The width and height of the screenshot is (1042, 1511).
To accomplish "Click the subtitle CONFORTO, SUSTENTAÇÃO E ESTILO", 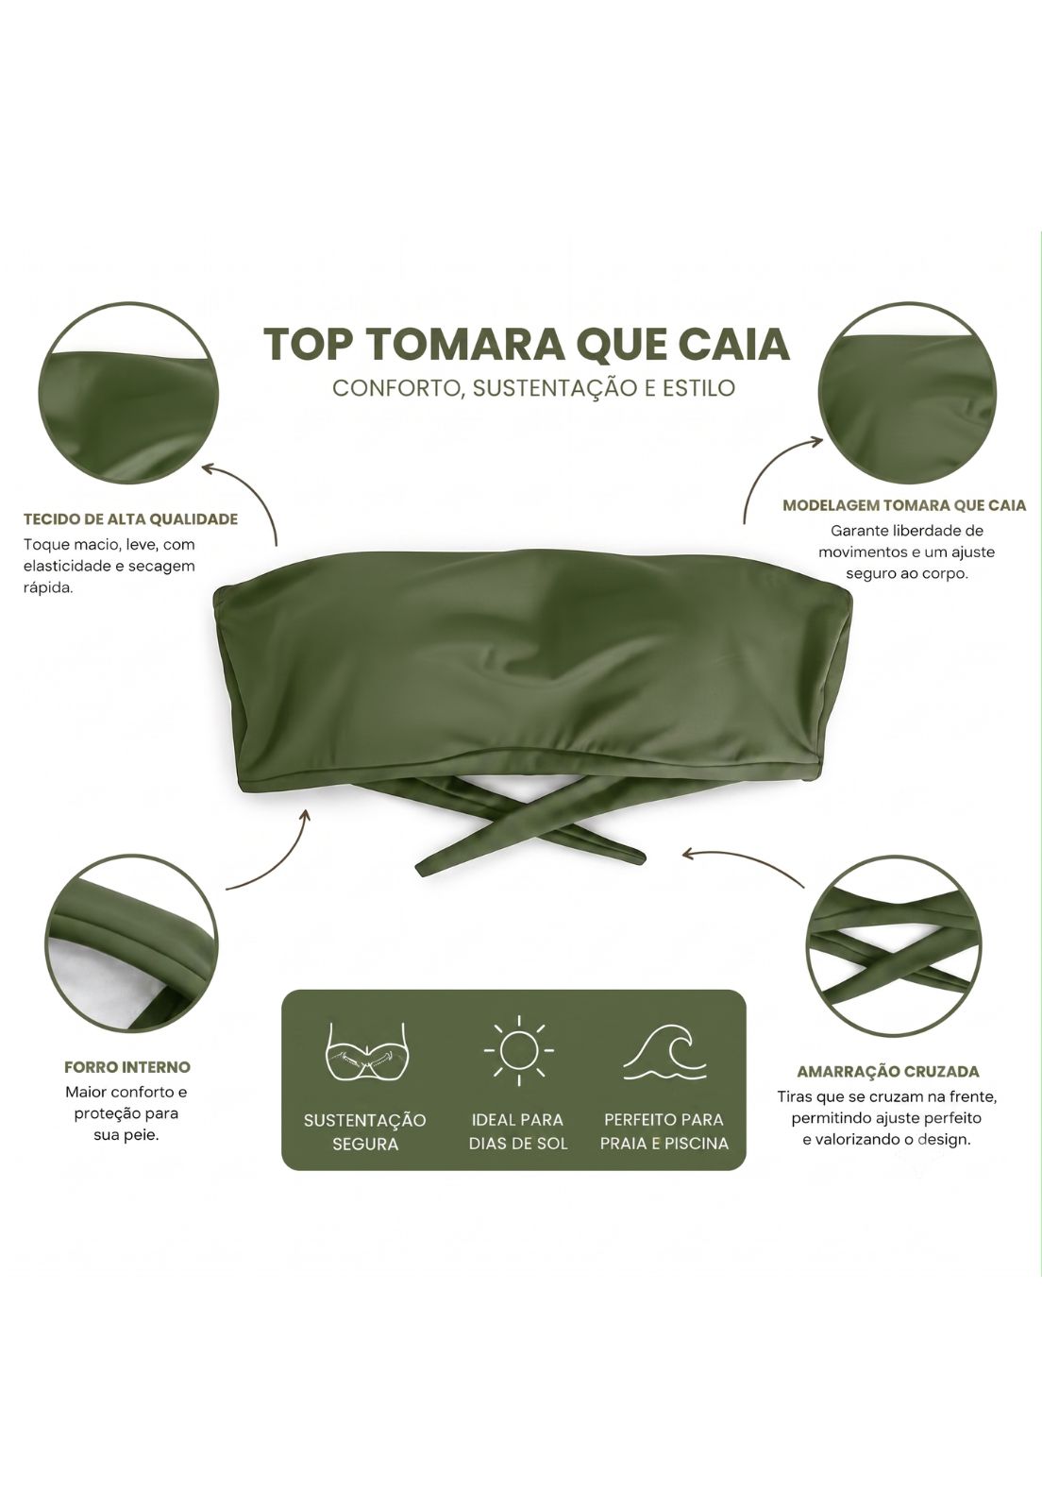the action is (x=533, y=388).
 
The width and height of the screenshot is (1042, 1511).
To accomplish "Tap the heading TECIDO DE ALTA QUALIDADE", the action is (x=131, y=518).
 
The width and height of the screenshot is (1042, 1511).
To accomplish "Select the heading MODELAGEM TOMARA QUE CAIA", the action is (x=904, y=504).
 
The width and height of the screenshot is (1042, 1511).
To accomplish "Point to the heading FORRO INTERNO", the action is (x=127, y=1066).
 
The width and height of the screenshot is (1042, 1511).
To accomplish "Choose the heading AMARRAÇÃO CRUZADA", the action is (x=887, y=1071).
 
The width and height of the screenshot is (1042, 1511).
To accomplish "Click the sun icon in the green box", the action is (x=518, y=1050).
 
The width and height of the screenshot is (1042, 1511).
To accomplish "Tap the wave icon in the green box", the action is (x=664, y=1051).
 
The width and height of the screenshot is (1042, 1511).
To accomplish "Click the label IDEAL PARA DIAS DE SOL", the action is (x=517, y=1131).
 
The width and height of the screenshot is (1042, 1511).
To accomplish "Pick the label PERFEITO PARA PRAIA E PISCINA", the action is (x=664, y=1131).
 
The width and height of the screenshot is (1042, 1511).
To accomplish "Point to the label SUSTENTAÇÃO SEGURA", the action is (x=364, y=1132).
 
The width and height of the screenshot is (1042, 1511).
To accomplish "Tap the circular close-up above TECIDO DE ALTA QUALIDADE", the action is (x=128, y=393).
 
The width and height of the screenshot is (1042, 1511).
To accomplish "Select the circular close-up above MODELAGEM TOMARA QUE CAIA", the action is (x=907, y=392).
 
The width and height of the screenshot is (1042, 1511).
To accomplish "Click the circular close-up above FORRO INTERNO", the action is (x=131, y=943).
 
